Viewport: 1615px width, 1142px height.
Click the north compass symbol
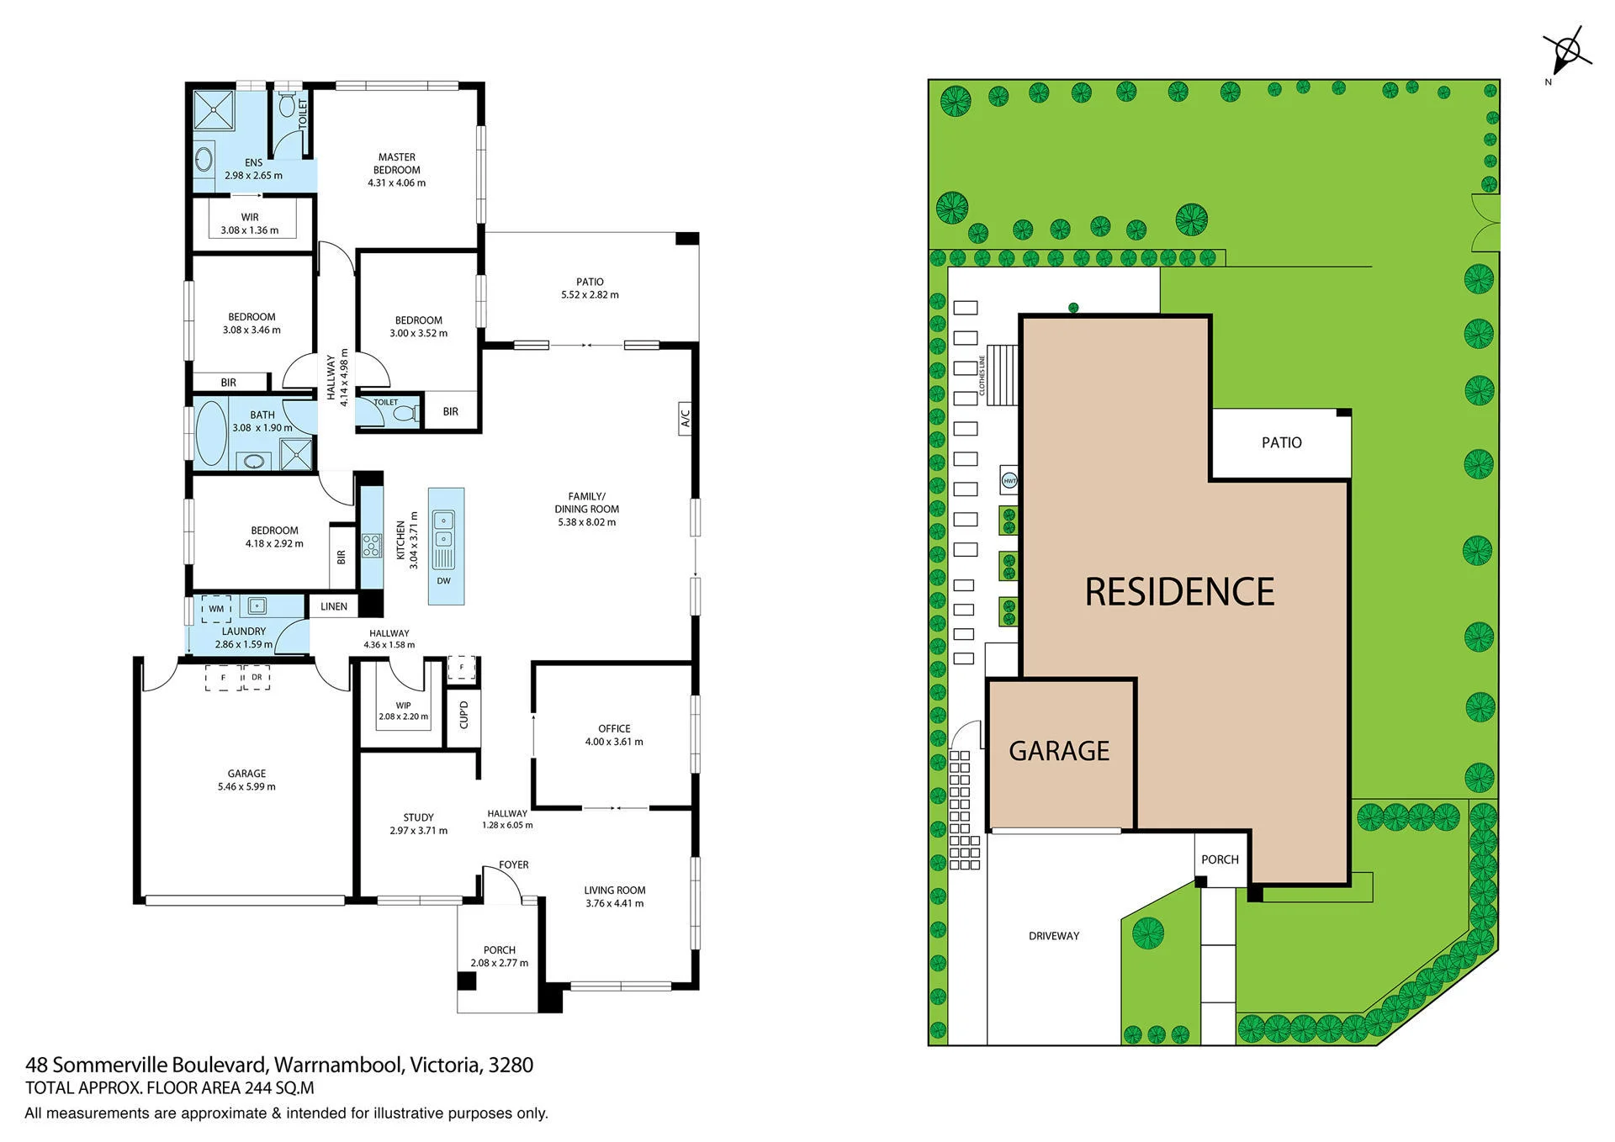(x=1566, y=53)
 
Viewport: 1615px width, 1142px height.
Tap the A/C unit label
(x=685, y=418)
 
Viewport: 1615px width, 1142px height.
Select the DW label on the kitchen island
(x=444, y=580)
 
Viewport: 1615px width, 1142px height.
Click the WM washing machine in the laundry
(x=216, y=609)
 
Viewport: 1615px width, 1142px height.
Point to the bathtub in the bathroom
(x=211, y=433)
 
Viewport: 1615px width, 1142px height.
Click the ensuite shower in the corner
(x=214, y=110)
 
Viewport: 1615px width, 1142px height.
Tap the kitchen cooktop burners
(x=371, y=546)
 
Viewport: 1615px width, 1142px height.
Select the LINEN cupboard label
(x=334, y=606)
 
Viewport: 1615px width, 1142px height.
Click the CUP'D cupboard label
(x=463, y=715)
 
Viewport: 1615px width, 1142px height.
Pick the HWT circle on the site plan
(x=1009, y=481)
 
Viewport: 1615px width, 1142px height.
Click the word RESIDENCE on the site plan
(x=1179, y=592)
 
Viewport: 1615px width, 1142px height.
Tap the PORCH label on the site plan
(x=1220, y=859)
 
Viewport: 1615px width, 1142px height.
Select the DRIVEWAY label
(x=1054, y=936)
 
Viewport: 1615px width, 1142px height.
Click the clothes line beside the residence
(x=1002, y=374)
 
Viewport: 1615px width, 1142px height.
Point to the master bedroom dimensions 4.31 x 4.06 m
(x=397, y=182)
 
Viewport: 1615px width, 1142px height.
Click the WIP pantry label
(x=404, y=706)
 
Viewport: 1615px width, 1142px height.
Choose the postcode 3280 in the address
(x=511, y=1065)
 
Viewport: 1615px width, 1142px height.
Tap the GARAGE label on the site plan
(x=1059, y=751)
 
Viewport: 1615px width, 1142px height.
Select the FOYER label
(x=513, y=864)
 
